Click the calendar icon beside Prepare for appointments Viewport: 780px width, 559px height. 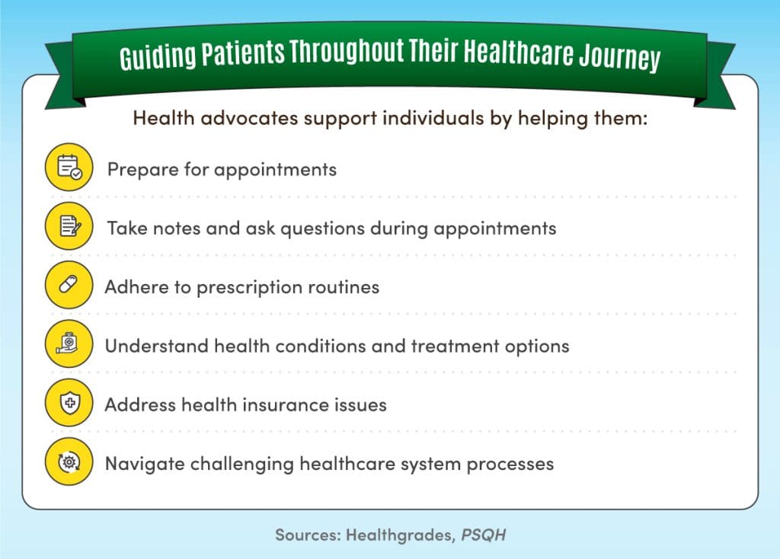click(69, 168)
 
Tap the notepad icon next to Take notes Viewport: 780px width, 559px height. click(69, 226)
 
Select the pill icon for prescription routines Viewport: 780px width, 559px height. click(69, 286)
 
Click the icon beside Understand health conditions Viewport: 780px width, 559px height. click(69, 345)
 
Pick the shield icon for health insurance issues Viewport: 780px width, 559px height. click(69, 404)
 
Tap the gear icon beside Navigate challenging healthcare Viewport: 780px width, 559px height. click(69, 462)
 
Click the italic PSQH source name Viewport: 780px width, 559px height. click(482, 535)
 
